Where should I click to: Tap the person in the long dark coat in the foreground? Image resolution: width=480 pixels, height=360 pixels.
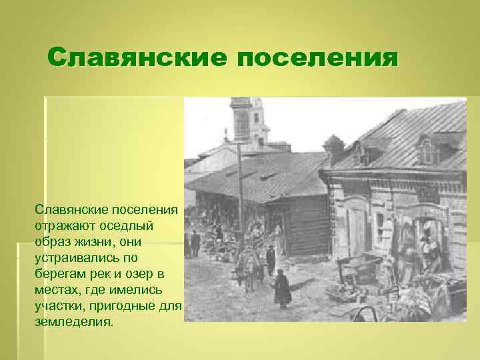point(282,288)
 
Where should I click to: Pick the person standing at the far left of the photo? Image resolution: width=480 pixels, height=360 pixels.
point(195,243)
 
